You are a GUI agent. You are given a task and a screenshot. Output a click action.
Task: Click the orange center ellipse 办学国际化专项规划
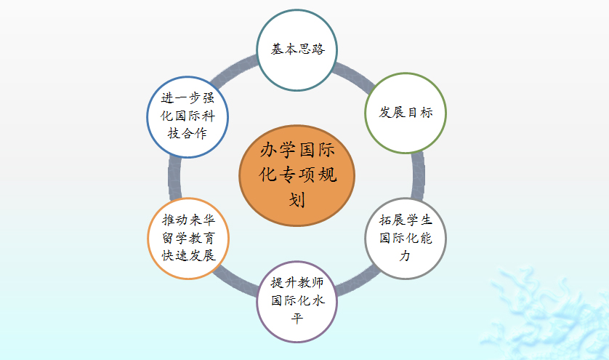297,175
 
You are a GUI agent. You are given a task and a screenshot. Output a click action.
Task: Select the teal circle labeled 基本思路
297,50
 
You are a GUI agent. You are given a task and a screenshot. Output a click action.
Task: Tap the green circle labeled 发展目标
406,113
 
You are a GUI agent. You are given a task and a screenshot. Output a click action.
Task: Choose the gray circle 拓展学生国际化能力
406,239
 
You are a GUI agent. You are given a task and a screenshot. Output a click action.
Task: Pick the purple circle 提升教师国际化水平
297,301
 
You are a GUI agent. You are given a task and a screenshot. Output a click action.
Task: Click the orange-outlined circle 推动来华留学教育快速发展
188,239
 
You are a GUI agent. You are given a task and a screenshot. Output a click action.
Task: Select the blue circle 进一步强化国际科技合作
187,117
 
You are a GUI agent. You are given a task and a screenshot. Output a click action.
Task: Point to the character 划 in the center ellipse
297,200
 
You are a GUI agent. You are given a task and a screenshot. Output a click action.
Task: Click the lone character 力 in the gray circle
406,256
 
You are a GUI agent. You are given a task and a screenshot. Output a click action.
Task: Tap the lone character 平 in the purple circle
297,319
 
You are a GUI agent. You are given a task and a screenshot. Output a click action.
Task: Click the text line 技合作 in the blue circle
187,134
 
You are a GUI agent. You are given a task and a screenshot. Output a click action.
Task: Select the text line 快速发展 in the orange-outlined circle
188,255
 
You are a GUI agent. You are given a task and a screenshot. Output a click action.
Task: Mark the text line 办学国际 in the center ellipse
297,150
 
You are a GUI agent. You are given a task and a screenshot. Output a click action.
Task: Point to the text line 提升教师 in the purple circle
297,283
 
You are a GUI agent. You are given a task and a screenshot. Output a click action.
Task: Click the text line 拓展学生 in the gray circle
406,220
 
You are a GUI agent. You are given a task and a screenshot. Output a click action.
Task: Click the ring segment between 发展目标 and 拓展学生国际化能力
418,176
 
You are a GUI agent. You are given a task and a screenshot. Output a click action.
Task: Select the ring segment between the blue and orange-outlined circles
174,177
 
